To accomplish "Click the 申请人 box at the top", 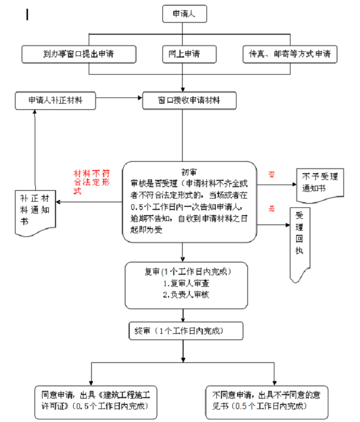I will click(185, 14).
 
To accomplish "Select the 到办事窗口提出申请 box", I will click(79, 53).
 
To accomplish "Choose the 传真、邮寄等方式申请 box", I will click(290, 53).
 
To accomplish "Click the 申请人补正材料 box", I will click(56, 100).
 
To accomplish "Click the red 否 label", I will click(271, 174).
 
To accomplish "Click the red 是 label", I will click(271, 209).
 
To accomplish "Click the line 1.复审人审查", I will click(186, 284).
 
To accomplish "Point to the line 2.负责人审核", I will click(186, 294).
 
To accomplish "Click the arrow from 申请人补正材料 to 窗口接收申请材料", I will click(120, 97).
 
